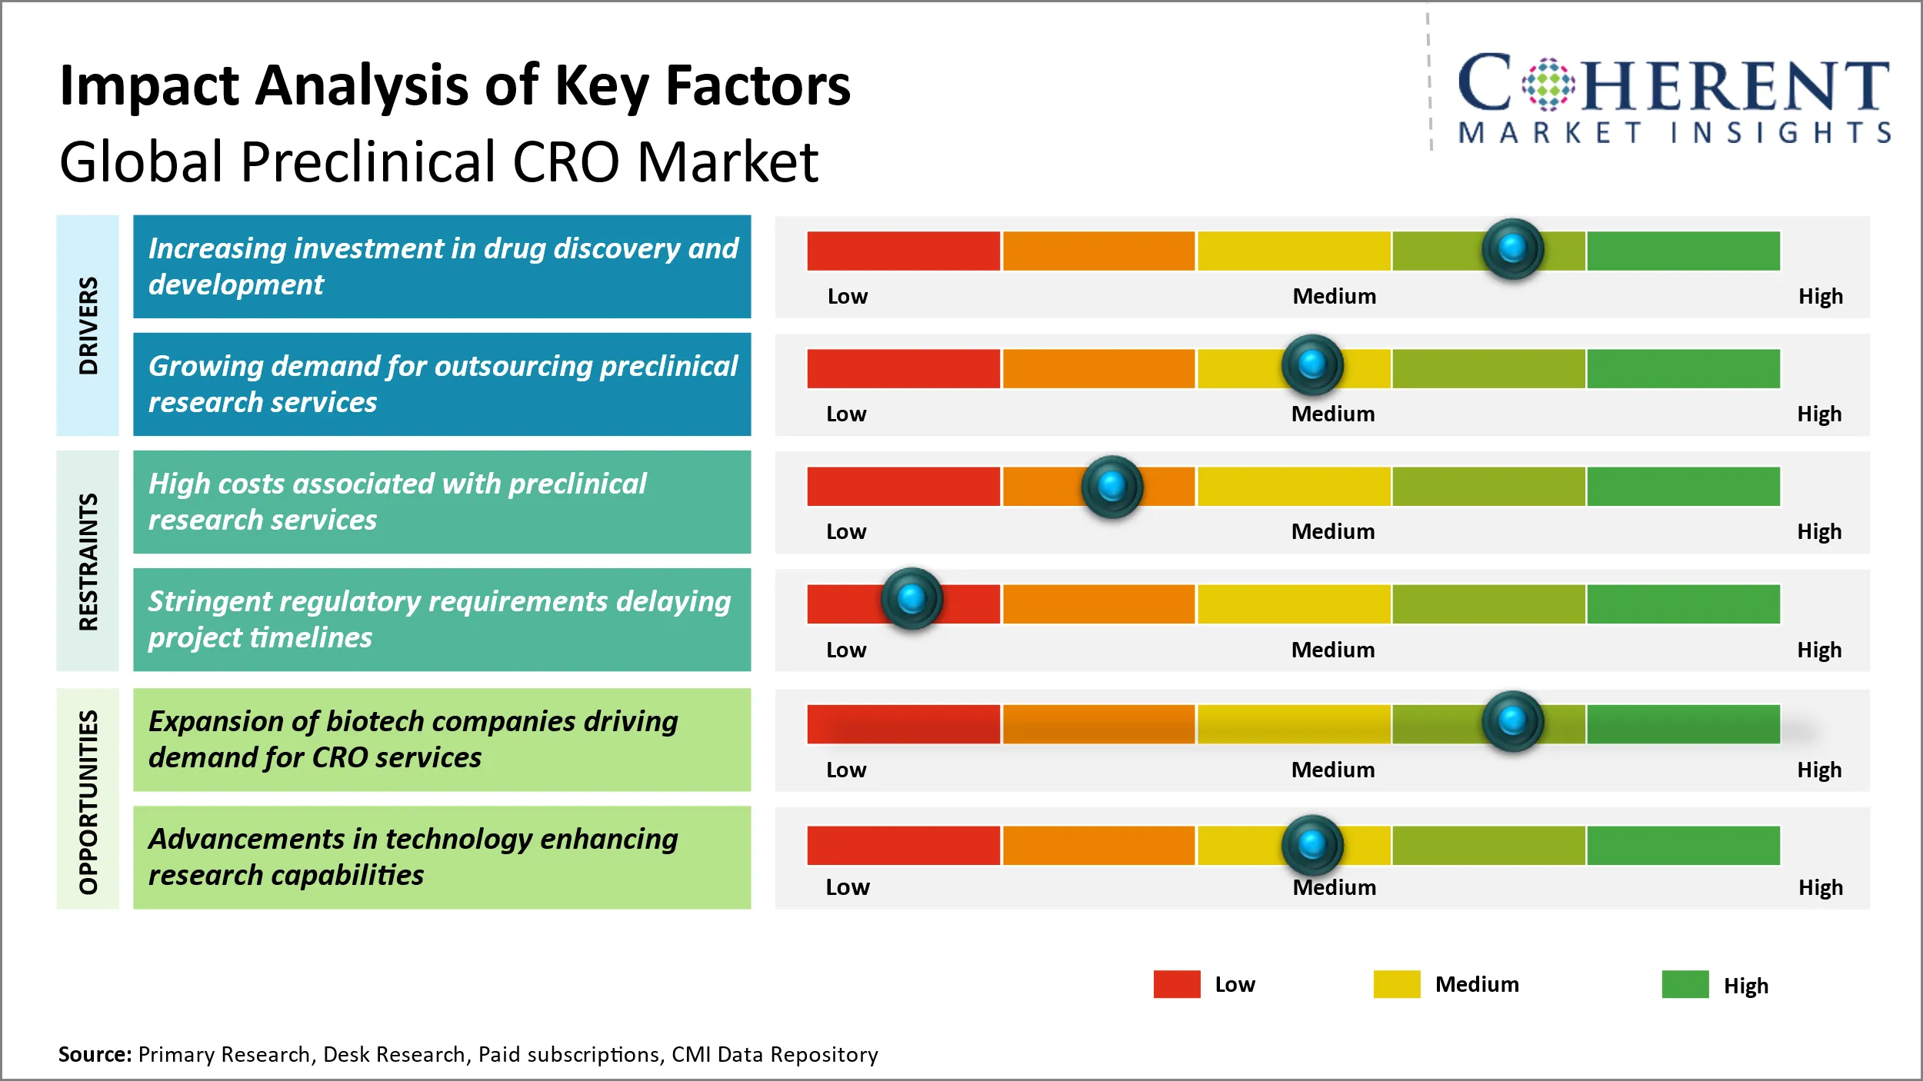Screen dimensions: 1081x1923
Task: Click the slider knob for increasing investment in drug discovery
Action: [x=1512, y=249]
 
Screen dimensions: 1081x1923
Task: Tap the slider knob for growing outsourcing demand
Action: [x=1312, y=364]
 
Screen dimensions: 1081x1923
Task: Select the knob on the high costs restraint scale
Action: [x=1111, y=486]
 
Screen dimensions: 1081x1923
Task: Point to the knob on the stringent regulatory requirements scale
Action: [x=912, y=598]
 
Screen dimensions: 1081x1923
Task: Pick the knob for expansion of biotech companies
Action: [x=1512, y=721]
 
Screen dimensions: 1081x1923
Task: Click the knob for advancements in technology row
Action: [x=1312, y=844]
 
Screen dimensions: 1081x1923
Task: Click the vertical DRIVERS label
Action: [x=88, y=325]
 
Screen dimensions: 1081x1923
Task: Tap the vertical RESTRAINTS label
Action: [x=88, y=561]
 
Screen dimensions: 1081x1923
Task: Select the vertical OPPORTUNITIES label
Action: [x=88, y=801]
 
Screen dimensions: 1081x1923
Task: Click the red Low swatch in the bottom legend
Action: [x=1176, y=984]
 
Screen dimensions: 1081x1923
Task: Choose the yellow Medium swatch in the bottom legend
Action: [x=1396, y=984]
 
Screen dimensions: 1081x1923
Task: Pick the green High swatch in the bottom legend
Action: [x=1685, y=984]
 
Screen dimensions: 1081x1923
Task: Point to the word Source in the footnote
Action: [x=95, y=1054]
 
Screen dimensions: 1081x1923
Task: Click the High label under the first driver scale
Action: [x=1820, y=296]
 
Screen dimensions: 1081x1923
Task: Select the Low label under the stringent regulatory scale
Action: [x=845, y=650]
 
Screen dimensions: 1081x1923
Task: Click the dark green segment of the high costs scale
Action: [x=1683, y=486]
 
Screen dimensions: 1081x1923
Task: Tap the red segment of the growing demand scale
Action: [x=903, y=368]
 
